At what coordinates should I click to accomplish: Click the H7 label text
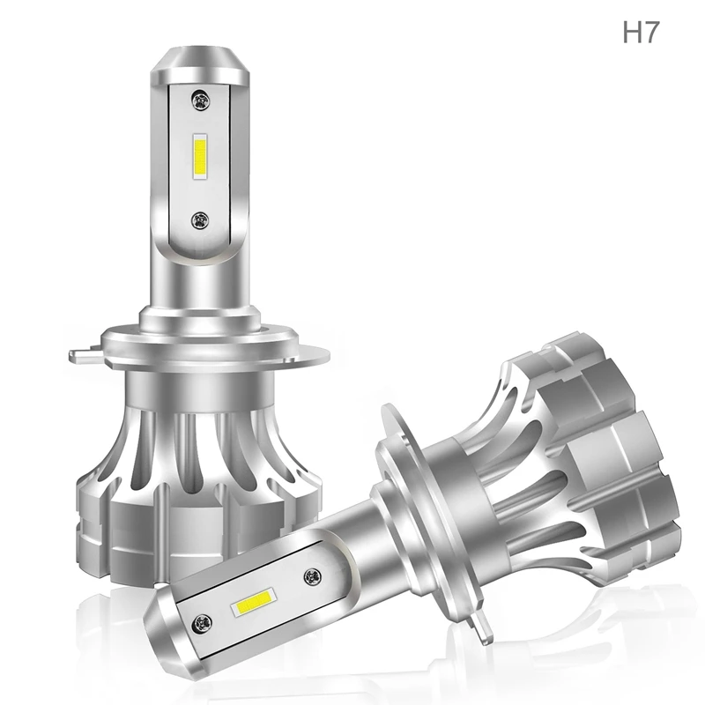click(641, 32)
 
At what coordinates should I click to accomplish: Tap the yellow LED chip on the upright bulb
click(200, 156)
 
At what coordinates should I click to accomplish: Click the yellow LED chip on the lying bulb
click(253, 601)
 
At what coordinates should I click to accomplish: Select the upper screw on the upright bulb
click(201, 100)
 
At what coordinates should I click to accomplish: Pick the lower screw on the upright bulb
click(200, 220)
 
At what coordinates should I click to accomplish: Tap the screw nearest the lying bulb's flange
click(313, 576)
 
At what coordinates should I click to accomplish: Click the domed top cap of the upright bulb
click(201, 65)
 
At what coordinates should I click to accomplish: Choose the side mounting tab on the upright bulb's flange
click(85, 355)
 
